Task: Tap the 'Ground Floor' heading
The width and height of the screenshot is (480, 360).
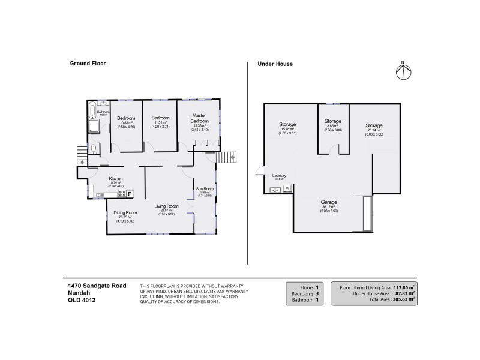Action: [88, 63]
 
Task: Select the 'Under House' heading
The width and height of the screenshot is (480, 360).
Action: [275, 63]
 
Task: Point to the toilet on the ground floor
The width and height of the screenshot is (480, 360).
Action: [94, 148]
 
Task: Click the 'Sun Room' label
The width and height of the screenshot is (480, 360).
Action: [205, 189]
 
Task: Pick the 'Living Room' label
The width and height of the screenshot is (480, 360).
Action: [164, 207]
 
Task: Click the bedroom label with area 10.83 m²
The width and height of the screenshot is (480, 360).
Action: [126, 118]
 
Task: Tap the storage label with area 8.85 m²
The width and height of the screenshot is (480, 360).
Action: [332, 121]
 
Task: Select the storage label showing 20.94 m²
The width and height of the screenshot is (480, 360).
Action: [374, 125]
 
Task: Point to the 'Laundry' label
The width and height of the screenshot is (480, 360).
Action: [280, 175]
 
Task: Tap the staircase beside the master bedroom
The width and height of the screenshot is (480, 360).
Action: [226, 158]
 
